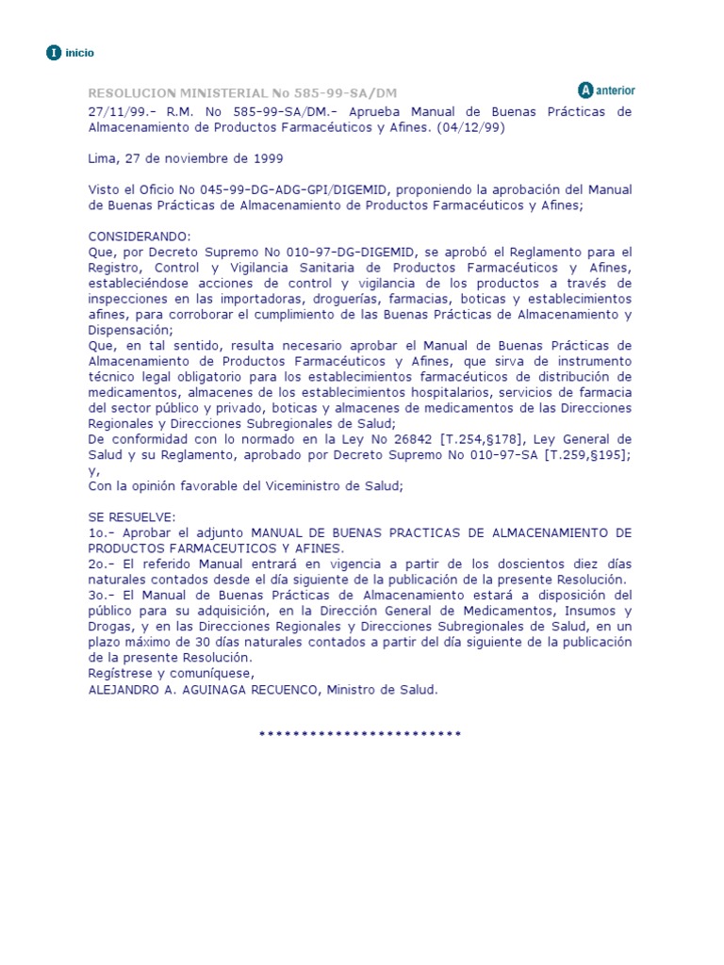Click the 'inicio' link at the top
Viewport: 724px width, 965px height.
79,54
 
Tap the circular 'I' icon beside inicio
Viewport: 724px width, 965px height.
54,53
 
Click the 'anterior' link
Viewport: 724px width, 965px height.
616,90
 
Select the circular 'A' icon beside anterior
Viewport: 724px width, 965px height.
585,90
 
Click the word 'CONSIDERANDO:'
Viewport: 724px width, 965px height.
140,237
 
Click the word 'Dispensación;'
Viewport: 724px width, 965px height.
131,330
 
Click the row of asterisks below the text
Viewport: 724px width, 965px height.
360,733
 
